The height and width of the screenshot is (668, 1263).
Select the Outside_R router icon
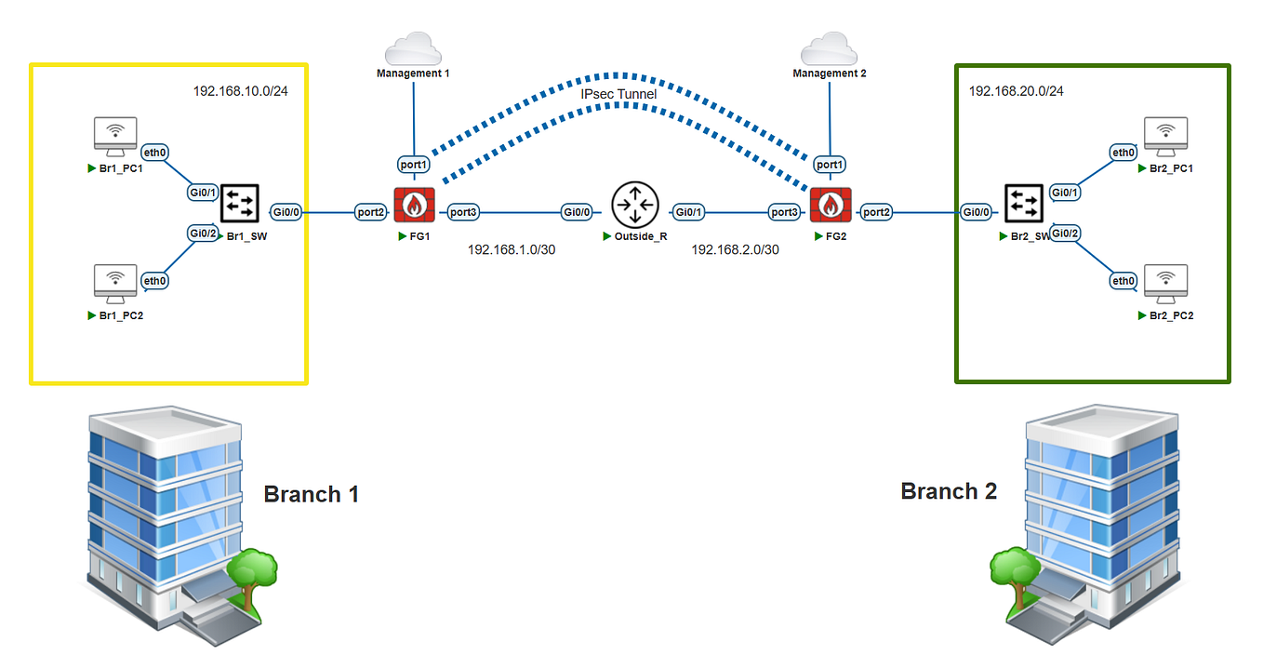tap(634, 205)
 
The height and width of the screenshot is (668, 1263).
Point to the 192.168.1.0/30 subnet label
tap(512, 250)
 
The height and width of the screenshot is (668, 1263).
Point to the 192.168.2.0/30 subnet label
tap(735, 250)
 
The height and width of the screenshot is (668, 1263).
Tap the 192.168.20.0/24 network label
tap(1016, 91)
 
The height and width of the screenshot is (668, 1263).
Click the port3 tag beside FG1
tap(463, 212)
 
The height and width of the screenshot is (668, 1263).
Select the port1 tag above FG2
tap(830, 165)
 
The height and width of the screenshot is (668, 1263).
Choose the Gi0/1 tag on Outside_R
tap(689, 212)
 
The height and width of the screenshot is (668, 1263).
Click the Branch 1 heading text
tap(311, 494)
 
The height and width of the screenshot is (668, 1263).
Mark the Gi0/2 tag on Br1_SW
tap(203, 233)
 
